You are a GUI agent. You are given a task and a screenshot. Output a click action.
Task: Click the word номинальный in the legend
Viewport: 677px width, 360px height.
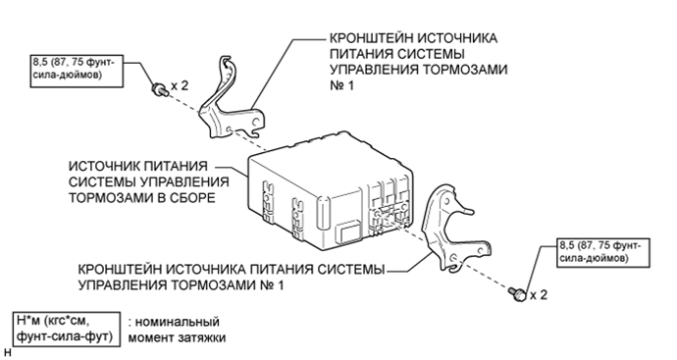[178, 322]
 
